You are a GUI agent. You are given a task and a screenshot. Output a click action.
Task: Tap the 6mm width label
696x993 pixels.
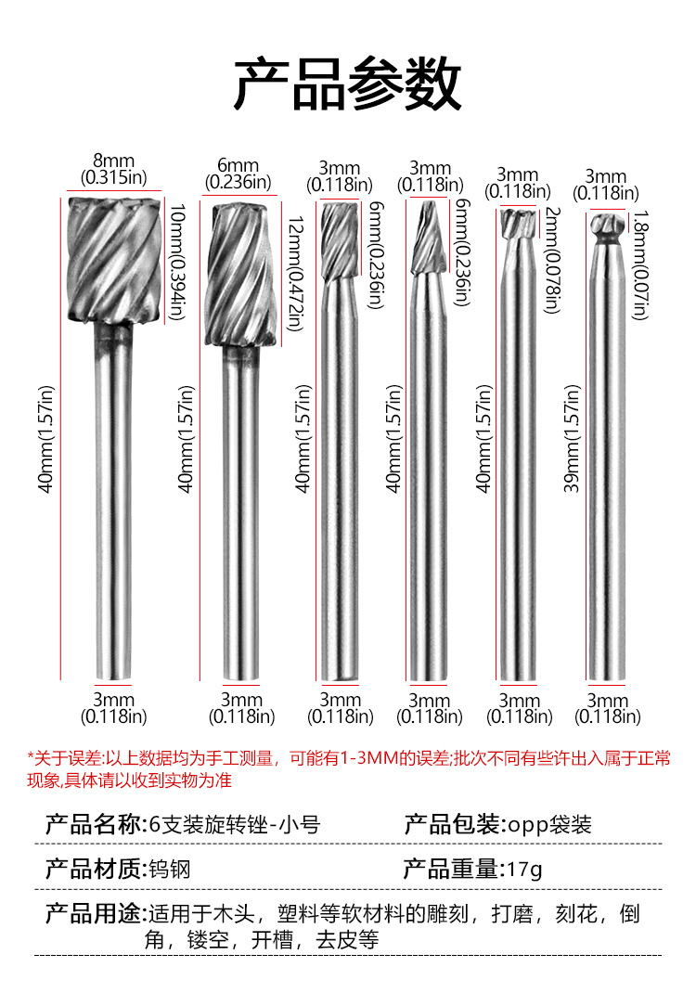[238, 167]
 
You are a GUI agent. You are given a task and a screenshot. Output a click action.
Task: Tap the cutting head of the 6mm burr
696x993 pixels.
[239, 274]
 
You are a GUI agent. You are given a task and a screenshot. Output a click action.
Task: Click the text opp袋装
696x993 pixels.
[548, 824]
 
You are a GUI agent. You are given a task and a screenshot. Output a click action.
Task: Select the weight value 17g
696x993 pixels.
[525, 870]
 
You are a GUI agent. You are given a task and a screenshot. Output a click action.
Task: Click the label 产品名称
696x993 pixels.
[92, 824]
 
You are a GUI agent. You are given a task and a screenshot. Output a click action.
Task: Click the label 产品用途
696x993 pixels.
[92, 914]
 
